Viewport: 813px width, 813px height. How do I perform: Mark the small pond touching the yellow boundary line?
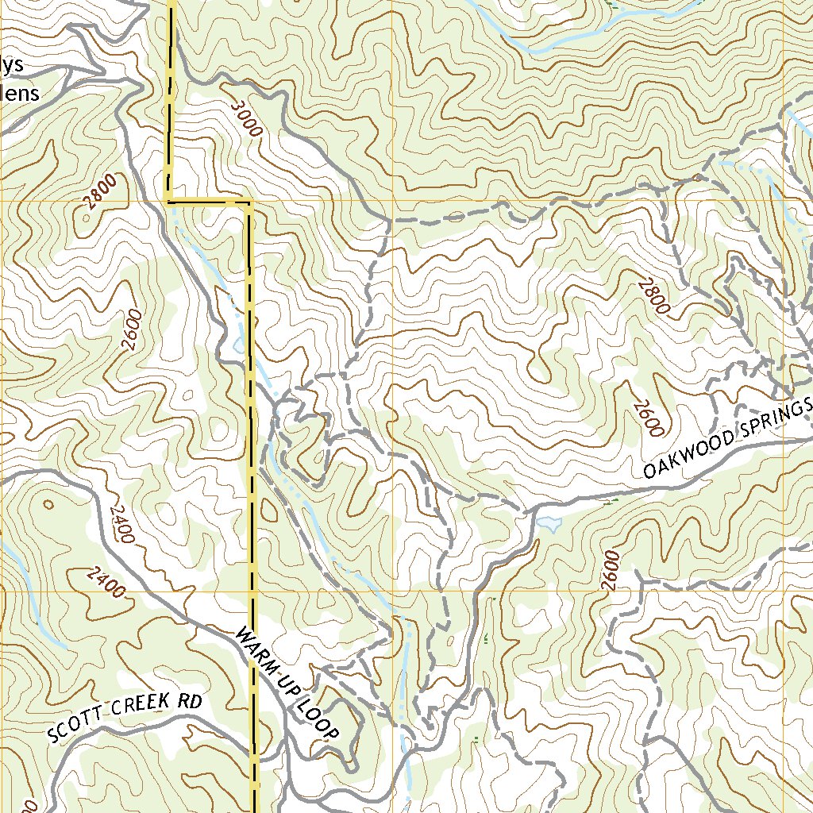(239, 347)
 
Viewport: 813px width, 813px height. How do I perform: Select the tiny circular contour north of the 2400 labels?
(49, 503)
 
